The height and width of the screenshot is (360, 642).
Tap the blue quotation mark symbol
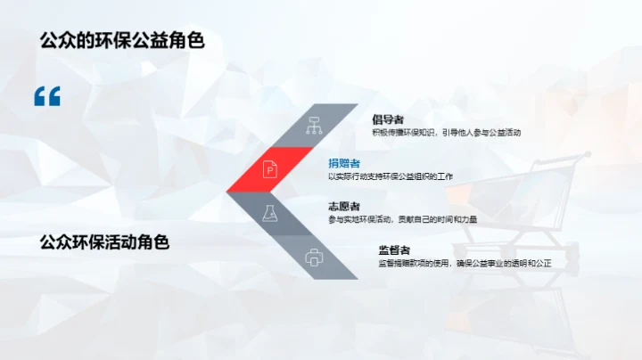47,96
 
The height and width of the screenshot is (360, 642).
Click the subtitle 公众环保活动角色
104,241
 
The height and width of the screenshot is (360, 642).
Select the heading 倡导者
388,119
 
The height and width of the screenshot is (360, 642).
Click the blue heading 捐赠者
344,163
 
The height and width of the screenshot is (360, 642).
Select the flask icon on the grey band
269,212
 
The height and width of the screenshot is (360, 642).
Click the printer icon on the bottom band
313,258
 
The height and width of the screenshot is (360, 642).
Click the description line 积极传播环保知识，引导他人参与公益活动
446,133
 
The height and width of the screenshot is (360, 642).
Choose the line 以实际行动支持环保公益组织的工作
391,176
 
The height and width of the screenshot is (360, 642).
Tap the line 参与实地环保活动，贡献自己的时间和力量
400,219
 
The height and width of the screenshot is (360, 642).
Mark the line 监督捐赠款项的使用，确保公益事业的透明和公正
465,264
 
